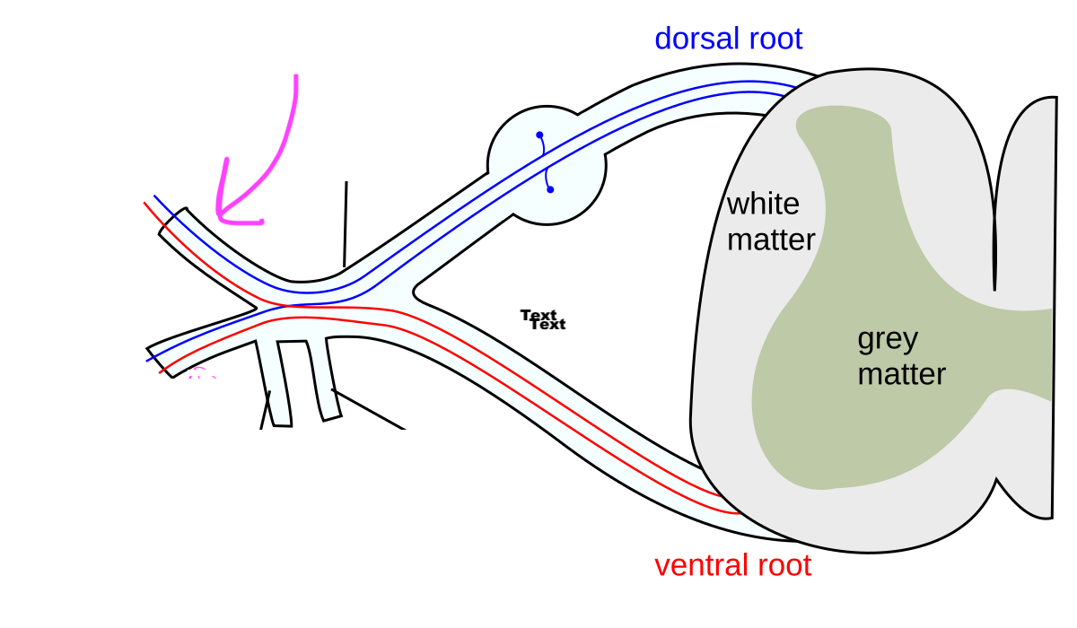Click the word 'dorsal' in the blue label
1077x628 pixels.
692,39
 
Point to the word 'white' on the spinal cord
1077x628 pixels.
762,205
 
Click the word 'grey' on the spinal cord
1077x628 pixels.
888,339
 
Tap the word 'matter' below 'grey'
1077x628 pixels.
901,373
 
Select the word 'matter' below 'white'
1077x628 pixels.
770,240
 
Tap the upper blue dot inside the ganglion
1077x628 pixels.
539,135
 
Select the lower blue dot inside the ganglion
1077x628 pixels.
550,189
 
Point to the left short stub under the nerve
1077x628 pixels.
276,381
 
